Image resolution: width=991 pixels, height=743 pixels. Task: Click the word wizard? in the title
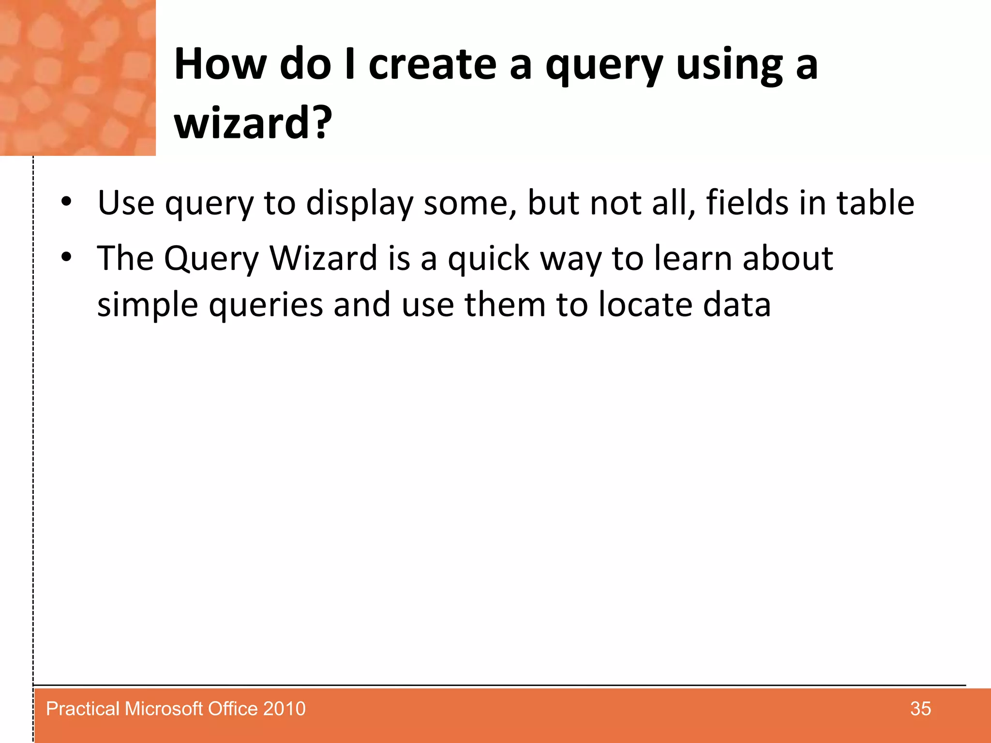253,123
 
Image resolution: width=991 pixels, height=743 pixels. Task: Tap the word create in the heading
432,65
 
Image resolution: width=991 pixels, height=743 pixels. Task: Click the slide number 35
920,709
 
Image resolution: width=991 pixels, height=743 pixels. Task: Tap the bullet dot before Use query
67,202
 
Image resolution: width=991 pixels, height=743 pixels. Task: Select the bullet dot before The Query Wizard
67,258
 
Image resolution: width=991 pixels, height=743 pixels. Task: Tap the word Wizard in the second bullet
323,258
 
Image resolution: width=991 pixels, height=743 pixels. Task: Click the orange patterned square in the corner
77,77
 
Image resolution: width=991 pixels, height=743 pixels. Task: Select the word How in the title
220,65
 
